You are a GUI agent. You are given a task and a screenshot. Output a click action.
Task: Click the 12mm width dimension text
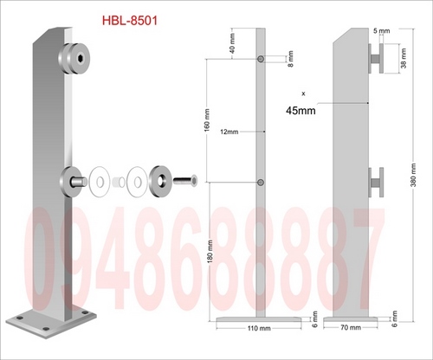tap(231, 132)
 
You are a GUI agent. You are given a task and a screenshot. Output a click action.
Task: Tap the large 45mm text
tap(301, 109)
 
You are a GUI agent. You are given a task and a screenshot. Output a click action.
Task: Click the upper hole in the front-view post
tap(261, 59)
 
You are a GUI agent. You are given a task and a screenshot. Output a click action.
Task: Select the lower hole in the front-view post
tap(261, 182)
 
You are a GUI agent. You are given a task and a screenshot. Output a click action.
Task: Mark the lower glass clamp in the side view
tap(374, 182)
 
